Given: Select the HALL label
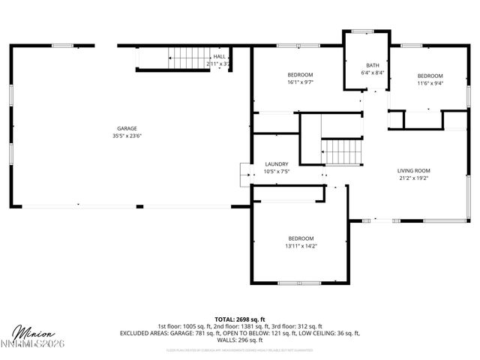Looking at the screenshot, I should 219,56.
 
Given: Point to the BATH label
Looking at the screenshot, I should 373,65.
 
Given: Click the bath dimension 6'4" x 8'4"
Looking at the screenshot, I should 370,73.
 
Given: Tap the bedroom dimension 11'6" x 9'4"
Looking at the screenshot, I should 430,84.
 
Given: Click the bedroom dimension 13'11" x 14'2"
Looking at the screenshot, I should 300,246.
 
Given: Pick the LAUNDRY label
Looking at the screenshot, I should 277,163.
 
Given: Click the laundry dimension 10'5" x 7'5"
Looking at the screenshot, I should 277,172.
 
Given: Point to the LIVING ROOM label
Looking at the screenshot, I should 413,170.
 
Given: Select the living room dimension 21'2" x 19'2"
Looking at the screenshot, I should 413,178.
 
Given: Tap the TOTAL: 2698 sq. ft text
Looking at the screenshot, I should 240,319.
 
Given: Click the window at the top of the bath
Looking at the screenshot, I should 363,31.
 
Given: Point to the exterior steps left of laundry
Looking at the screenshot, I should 244,174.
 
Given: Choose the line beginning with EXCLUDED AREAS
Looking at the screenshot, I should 240,333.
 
